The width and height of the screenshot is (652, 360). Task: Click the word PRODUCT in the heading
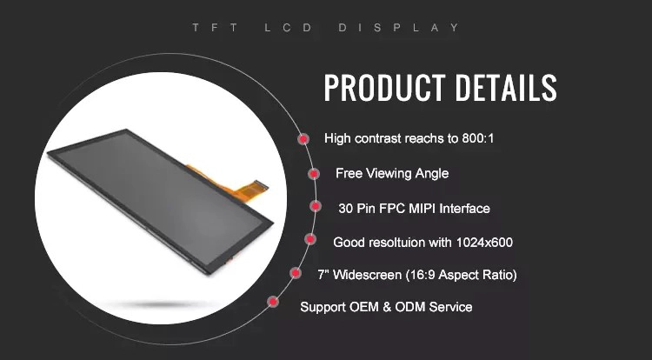coord(384,88)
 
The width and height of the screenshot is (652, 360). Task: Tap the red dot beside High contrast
coord(303,139)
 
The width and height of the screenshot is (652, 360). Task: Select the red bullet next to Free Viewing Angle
coord(314,173)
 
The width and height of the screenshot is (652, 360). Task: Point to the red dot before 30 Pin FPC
coord(316,206)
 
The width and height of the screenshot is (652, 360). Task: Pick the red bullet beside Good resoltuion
coord(310,239)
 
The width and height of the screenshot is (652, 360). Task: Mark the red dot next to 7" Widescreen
coord(296,273)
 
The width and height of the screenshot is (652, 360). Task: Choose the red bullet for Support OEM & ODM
coord(273,302)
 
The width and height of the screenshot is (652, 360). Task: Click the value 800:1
coord(478,138)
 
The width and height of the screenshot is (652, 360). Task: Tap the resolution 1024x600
coord(484,242)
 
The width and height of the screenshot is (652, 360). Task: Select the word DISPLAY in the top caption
coord(399,28)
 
